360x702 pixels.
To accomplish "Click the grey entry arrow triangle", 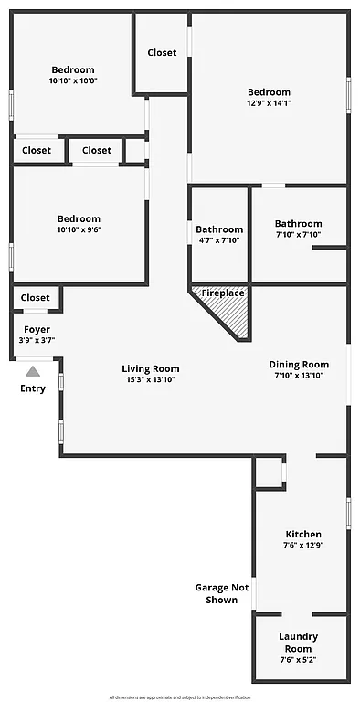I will point(33,371).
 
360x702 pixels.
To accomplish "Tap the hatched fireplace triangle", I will point(231,315).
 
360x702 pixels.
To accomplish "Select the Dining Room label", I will point(298,365).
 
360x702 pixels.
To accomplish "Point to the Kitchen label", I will point(303,534).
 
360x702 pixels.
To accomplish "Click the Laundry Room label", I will point(299,642).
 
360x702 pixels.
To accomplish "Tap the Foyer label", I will point(37,329).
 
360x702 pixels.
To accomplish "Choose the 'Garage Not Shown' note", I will point(222,594).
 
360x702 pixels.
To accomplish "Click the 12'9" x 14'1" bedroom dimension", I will point(269,103).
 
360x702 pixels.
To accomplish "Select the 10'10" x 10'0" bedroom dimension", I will point(73,80).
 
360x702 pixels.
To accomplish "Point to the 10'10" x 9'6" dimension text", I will point(79,229).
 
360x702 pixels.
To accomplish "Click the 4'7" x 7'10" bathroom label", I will point(219,240).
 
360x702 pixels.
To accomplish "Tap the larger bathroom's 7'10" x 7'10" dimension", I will point(298,234).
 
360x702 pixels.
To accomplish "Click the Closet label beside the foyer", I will point(36,297).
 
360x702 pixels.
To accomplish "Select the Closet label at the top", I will point(162,53).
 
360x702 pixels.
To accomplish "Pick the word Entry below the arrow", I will point(33,388).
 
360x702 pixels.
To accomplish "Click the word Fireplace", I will point(223,292).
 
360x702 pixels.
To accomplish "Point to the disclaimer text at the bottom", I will point(180,697).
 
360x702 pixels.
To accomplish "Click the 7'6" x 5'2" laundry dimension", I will point(299,660).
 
